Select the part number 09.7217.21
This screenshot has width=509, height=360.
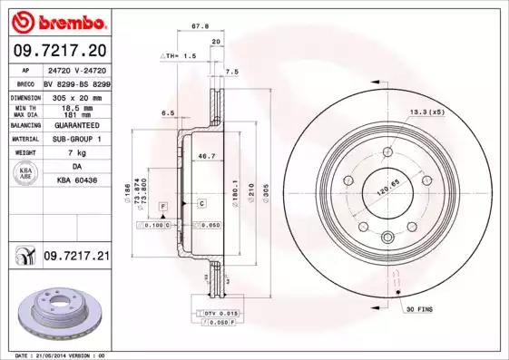click(75, 258)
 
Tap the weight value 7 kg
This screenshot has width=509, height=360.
click(76, 153)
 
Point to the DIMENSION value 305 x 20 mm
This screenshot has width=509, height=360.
click(76, 95)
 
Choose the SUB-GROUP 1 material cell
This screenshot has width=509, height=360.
click(76, 139)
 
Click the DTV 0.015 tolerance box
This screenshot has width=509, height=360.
click(217, 313)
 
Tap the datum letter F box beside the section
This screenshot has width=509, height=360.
click(163, 208)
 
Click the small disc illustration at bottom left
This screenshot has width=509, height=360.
click(55, 313)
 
